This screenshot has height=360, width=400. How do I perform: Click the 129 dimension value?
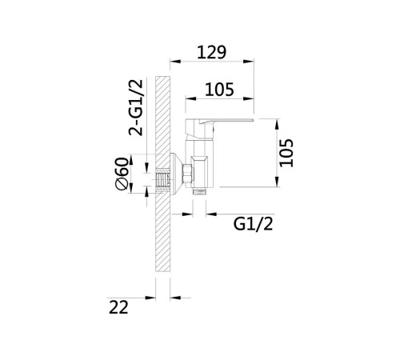[212, 52]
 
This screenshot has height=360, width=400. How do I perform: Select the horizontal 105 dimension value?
[219, 90]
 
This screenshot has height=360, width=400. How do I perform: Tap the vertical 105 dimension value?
[286, 153]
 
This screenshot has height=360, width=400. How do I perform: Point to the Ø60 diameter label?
[122, 174]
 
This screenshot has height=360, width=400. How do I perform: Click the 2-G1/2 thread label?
[136, 107]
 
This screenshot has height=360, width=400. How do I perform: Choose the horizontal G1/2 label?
[254, 224]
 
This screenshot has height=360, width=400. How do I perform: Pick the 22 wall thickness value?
[118, 307]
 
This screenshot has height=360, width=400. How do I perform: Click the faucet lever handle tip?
[252, 120]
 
